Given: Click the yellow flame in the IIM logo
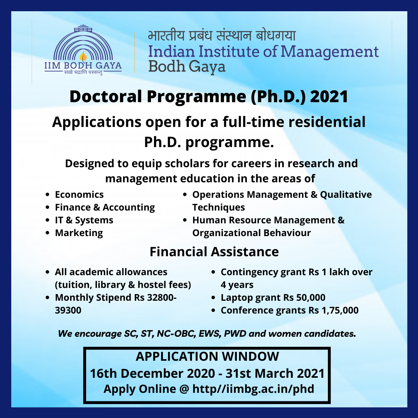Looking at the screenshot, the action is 83,56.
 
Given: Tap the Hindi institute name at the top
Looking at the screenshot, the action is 222,36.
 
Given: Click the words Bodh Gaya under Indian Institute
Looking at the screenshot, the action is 187,67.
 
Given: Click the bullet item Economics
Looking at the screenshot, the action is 79,195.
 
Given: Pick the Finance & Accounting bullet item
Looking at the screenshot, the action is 105,207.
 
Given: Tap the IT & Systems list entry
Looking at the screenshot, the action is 84,220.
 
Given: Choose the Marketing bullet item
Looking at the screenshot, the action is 79,233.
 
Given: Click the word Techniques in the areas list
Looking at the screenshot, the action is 219,207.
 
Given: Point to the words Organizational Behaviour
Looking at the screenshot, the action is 252,233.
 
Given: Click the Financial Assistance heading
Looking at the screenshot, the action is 214,252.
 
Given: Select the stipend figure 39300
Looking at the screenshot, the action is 68,310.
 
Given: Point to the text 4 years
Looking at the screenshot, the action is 237,285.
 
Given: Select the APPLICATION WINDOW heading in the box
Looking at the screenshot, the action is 207,356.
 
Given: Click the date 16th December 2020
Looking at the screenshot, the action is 152,373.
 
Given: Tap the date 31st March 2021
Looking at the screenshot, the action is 275,373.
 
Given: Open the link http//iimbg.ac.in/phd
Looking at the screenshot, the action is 253,389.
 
